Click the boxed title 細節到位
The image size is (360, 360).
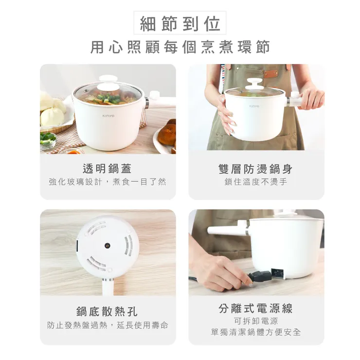click(x=180, y=23)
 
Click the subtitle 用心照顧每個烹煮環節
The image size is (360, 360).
click(x=180, y=47)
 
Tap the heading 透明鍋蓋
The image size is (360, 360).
click(x=108, y=169)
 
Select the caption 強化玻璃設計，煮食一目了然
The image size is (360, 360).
click(x=108, y=182)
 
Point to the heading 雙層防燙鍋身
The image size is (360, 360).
click(x=256, y=169)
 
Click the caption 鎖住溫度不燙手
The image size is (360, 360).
click(x=256, y=182)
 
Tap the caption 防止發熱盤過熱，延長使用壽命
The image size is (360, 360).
click(x=108, y=325)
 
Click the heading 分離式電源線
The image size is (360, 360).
click(x=256, y=308)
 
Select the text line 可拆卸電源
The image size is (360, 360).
click(x=256, y=321)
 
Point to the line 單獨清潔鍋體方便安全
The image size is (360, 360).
click(x=256, y=332)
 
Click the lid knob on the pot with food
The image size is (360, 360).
click(x=108, y=79)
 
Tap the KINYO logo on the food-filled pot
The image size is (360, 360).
click(x=108, y=115)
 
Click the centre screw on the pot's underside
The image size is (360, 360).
click(x=108, y=246)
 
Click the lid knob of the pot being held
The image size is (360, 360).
click(x=255, y=83)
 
